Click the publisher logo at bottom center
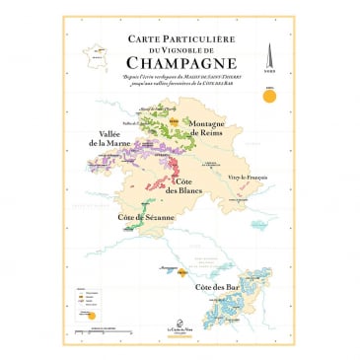tap(180, 331)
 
